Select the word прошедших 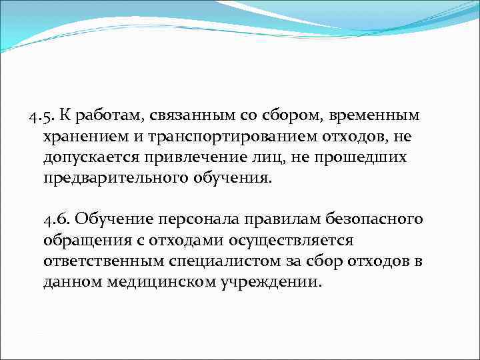(x=365, y=159)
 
